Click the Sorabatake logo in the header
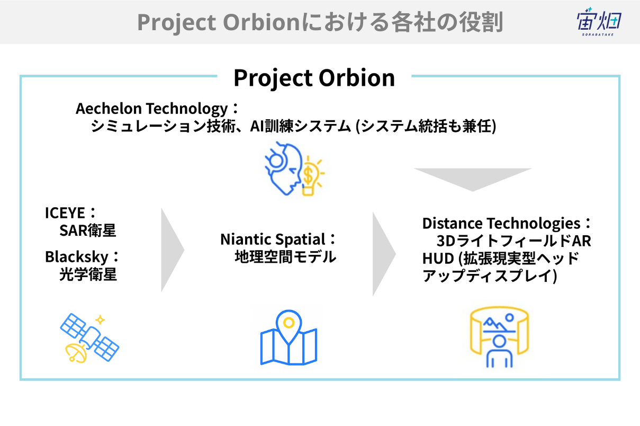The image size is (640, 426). [599, 22]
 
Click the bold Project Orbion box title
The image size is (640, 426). [314, 78]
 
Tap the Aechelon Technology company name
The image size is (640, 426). [152, 109]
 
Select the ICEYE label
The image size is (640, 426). [65, 213]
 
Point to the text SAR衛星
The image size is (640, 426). [88, 230]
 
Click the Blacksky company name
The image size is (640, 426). [77, 257]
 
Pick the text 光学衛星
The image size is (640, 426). [88, 274]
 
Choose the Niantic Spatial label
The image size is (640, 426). [273, 239]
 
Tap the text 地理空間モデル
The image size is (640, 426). [285, 257]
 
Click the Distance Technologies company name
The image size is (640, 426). [501, 224]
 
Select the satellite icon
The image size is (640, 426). [89, 338]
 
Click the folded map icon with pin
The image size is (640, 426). [289, 338]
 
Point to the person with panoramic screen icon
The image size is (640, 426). [499, 337]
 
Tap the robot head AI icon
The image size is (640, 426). [283, 168]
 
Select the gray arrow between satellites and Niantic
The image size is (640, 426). [173, 250]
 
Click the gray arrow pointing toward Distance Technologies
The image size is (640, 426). [384, 254]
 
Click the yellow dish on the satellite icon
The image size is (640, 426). [75, 353]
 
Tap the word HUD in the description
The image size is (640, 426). [438, 259]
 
